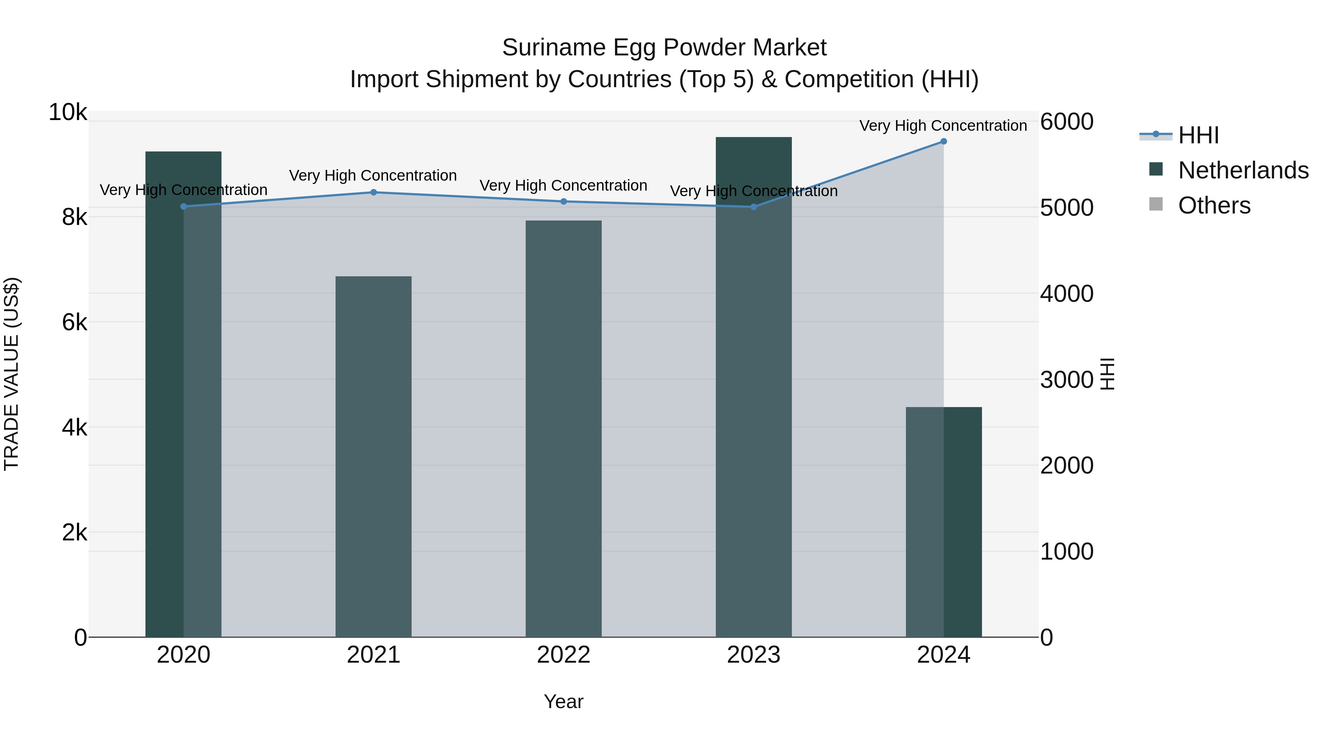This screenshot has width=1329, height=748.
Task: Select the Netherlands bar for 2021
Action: click(x=374, y=457)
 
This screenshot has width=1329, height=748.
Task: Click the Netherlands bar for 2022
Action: click(x=563, y=428)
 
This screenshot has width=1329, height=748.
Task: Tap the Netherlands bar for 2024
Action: click(x=944, y=521)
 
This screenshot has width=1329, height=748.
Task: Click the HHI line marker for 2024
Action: click(x=944, y=141)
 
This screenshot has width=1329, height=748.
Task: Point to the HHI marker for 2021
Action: click(x=374, y=192)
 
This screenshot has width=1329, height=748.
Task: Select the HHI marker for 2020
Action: click(x=184, y=206)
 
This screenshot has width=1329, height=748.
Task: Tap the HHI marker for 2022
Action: click(x=563, y=201)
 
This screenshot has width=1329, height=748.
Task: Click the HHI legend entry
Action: click(x=1198, y=135)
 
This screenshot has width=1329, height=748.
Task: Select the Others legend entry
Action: click(x=1214, y=205)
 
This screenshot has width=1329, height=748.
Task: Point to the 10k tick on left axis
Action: click(x=68, y=113)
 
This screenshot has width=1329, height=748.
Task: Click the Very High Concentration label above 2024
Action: click(x=943, y=126)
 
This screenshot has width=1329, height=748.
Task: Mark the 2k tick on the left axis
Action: click(x=74, y=532)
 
